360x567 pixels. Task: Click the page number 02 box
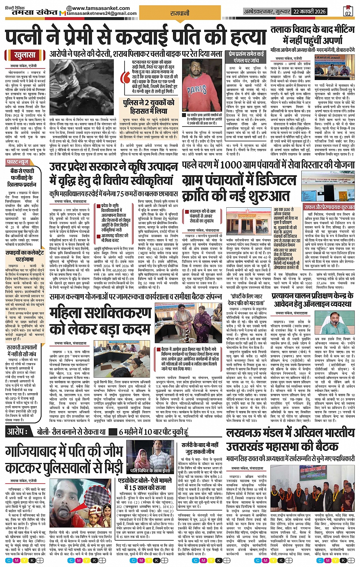[347, 11]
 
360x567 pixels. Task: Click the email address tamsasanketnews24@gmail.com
[101, 14]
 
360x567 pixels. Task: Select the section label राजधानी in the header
[180, 13]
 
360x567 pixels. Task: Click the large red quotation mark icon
[125, 77]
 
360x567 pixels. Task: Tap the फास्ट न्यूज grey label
[19, 162]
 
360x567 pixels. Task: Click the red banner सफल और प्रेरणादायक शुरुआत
[329, 207]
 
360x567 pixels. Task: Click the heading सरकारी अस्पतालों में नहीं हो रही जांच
[22, 351]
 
